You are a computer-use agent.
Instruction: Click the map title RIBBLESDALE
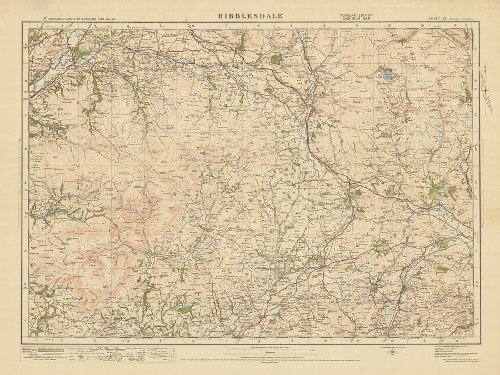coord(250,16)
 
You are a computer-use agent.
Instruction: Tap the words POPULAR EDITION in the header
coord(356,15)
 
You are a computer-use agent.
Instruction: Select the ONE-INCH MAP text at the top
coord(356,19)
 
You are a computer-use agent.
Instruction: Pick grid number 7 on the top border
coord(226,26)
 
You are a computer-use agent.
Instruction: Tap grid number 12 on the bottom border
coord(390,339)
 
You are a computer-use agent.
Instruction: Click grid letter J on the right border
coord(476,319)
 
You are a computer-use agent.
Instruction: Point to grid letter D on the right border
coord(476,149)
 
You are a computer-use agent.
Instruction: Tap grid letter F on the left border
coord(26,217)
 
